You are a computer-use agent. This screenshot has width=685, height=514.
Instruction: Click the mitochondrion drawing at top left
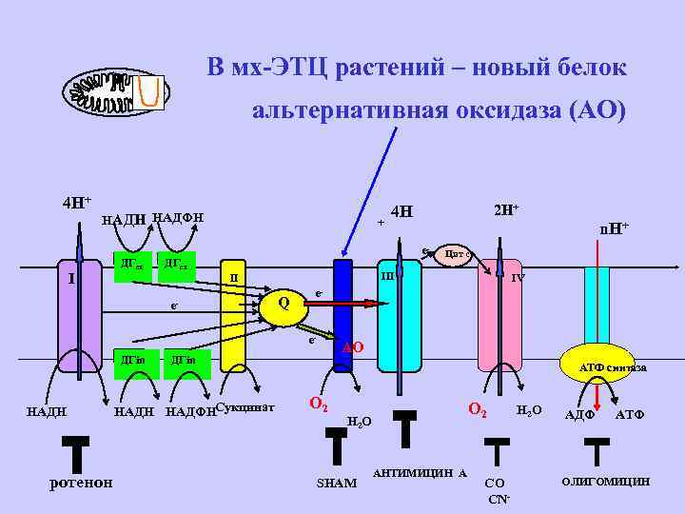[115, 92]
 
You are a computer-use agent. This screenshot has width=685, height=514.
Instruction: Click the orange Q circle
[282, 305]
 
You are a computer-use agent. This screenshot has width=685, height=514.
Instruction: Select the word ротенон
[80, 482]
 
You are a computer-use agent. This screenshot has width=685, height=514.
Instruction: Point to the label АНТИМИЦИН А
[420, 473]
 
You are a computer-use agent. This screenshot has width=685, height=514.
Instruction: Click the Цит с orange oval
[458, 254]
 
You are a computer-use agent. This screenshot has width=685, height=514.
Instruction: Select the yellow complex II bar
[233, 328]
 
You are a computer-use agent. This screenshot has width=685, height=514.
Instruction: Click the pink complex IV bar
[499, 324]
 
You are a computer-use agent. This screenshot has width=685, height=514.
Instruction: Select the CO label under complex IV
[495, 483]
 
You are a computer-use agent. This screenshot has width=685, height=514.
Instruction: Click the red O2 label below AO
[320, 404]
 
